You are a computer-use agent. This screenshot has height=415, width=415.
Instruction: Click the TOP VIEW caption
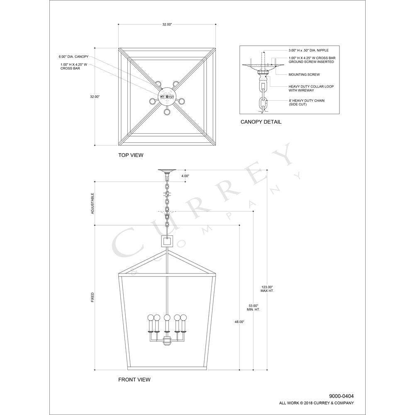131,155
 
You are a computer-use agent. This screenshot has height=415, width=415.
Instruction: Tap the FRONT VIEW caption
134,380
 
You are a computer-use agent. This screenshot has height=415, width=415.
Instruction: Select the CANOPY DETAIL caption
261,122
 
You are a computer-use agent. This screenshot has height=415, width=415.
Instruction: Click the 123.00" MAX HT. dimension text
267,289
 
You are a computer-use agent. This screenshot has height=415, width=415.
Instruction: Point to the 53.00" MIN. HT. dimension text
253,308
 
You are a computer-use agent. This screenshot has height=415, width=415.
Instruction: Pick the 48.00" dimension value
239,322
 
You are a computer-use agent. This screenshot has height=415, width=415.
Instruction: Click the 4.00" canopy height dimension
185,176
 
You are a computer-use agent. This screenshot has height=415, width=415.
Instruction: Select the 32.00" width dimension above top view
167,24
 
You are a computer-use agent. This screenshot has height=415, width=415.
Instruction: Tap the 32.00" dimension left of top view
95,97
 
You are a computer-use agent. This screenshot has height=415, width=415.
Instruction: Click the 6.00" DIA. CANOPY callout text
73,56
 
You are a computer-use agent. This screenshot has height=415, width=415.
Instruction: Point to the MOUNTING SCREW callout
304,75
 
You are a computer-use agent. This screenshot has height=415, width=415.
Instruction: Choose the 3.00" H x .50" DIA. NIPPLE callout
309,50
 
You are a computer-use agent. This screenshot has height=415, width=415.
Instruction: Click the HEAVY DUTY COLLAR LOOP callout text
311,88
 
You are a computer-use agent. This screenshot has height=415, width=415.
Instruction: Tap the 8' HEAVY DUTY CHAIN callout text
307,103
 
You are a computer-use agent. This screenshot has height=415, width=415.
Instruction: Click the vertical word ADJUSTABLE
93,203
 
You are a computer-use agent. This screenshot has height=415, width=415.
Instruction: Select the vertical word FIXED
93,297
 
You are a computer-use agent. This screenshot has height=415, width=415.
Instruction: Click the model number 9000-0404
342,396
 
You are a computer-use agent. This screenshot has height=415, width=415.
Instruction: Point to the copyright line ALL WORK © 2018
316,403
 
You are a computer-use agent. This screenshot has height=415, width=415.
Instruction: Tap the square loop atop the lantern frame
167,241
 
